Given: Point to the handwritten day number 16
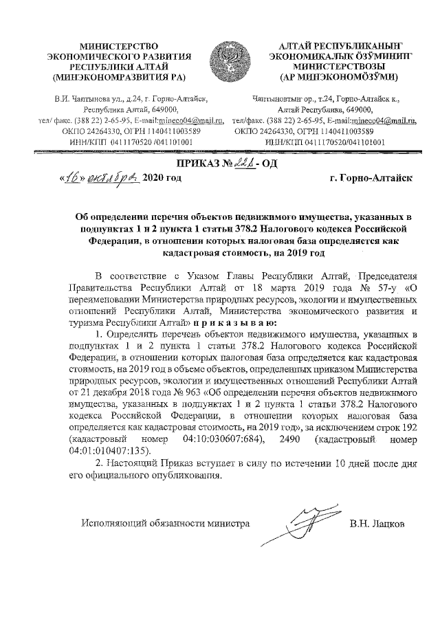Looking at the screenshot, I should pyautogui.click(x=71, y=177).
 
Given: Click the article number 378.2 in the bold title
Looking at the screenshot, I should pyautogui.click(x=256, y=228).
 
